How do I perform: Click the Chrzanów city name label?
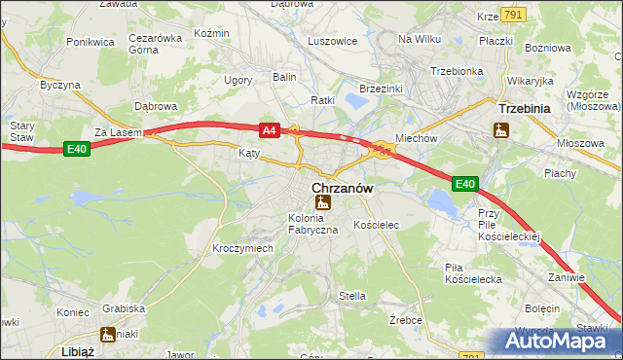342,188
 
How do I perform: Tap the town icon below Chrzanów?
321,202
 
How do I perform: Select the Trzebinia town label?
525,109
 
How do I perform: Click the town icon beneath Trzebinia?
501,128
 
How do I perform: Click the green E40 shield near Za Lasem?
77,148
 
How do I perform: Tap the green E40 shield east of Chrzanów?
465,183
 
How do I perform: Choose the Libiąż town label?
77,351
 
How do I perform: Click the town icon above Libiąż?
107,335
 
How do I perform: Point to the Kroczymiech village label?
242,248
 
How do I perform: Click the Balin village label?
284,76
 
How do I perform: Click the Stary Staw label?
21,131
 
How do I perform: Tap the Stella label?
351,295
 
